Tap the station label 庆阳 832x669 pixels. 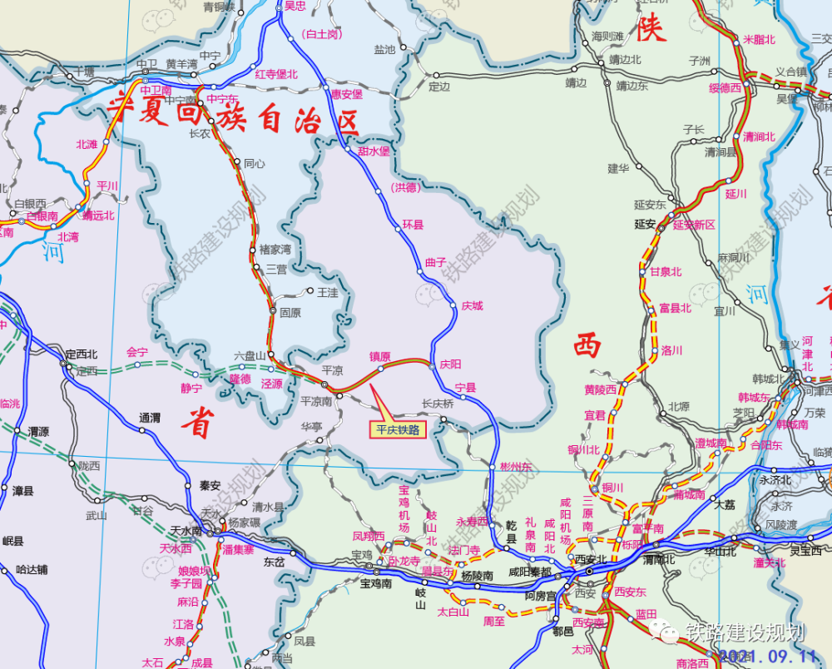point(450,364)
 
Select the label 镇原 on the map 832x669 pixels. point(380,356)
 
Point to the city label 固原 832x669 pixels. point(290,313)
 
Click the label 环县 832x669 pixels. point(413,224)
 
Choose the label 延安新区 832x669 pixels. point(694,225)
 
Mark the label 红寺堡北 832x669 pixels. point(276,74)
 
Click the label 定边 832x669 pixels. point(439,86)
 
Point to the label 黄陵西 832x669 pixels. point(600,389)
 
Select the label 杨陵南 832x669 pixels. point(477,575)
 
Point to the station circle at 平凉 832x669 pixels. point(325,384)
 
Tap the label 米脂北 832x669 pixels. point(759,39)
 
